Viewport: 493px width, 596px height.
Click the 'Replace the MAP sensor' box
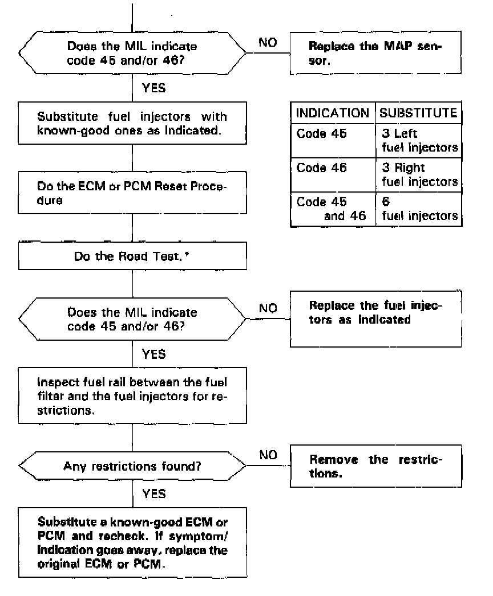point(375,53)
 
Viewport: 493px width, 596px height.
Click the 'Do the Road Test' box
point(132,256)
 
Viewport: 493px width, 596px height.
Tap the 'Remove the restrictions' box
point(375,466)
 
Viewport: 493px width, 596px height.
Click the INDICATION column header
point(333,113)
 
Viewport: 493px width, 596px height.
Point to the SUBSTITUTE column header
point(419,113)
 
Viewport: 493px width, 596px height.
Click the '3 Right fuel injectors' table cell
point(419,175)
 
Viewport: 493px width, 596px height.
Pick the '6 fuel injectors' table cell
point(419,209)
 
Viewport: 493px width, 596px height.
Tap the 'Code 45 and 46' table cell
point(333,209)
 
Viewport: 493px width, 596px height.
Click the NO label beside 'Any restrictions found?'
point(268,455)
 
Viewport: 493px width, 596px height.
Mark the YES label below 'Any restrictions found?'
point(154,494)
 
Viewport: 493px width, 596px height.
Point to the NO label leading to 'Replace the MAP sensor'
point(268,43)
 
